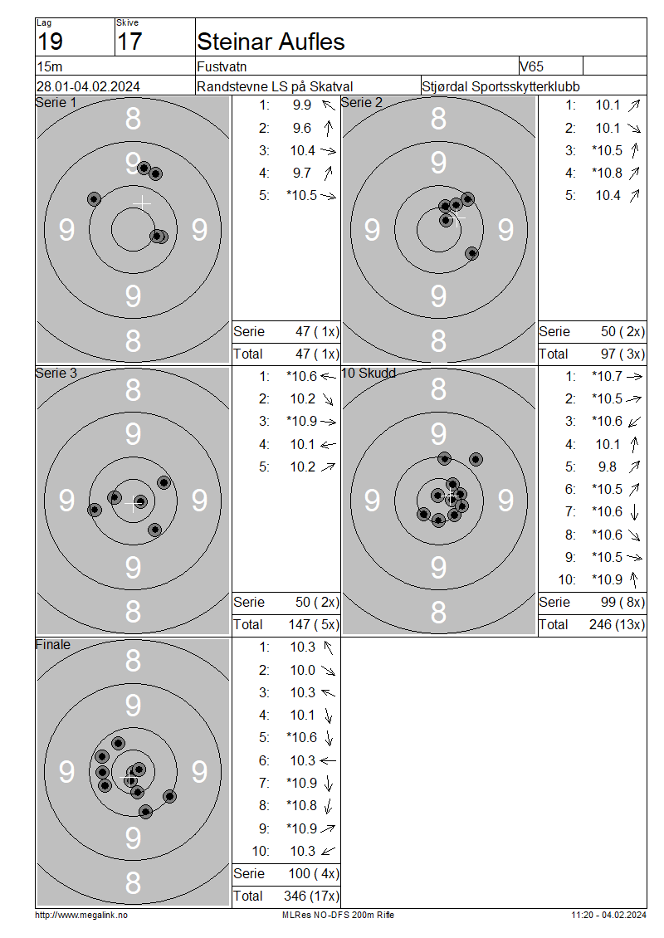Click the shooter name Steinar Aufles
[x=271, y=42]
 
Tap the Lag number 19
[x=50, y=42]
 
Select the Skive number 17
[x=129, y=42]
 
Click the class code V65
[x=531, y=66]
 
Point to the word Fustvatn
[x=222, y=66]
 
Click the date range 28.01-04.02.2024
[x=88, y=86]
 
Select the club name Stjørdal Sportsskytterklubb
[x=500, y=86]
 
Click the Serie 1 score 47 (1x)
[x=317, y=331]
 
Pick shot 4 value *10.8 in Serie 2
[x=608, y=173]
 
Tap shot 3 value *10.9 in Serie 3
[x=301, y=421]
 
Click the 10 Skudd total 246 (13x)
[x=617, y=624]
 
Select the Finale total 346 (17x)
[x=311, y=896]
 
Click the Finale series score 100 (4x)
[x=314, y=873]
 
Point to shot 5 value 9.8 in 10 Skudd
[x=608, y=467]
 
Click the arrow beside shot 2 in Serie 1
[x=329, y=128]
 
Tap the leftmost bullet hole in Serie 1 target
[x=94, y=199]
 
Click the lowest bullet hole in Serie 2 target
[x=472, y=254]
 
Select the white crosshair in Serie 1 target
[x=142, y=203]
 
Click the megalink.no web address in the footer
[x=81, y=915]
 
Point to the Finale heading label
[x=52, y=644]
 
